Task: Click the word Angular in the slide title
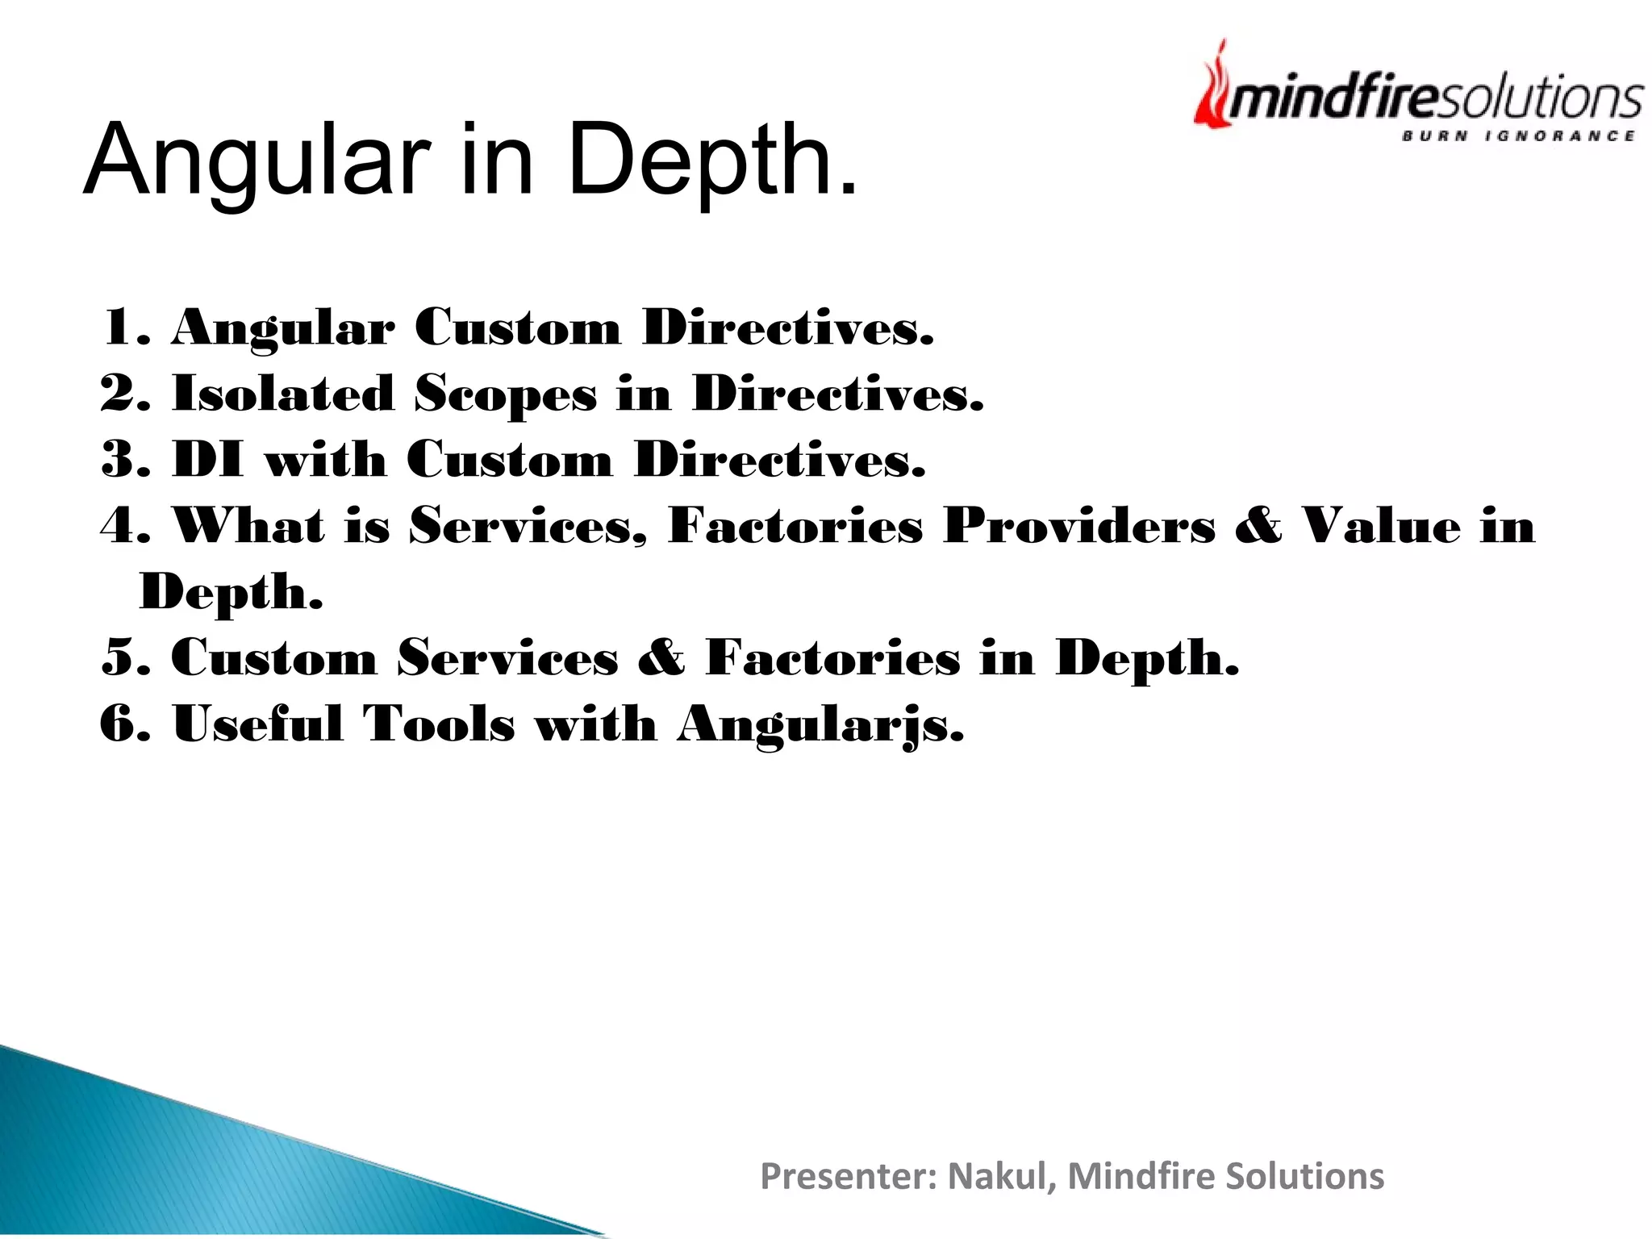[257, 160]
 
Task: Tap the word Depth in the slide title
[711, 160]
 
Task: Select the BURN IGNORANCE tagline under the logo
[1518, 136]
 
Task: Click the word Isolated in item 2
[283, 394]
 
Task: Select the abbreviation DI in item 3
[208, 460]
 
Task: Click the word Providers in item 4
[1079, 526]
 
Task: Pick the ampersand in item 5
[661, 657]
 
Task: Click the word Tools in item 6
[438, 724]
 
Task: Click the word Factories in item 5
[832, 657]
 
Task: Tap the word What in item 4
[248, 526]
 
